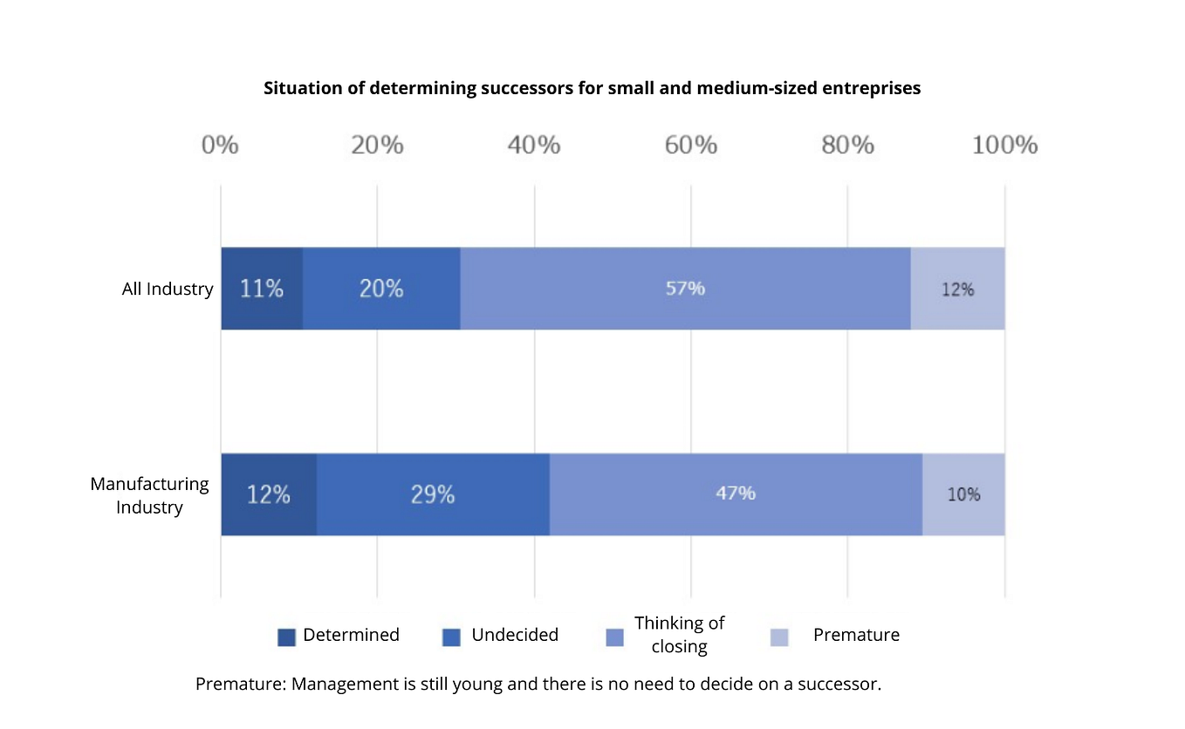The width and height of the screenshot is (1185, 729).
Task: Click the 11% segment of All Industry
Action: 262,289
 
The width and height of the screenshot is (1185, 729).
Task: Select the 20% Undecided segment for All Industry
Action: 381,289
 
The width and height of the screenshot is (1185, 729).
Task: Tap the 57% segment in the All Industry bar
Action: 686,289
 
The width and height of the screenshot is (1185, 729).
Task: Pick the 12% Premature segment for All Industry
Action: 958,289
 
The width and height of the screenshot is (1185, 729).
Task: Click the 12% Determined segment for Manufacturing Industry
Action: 269,494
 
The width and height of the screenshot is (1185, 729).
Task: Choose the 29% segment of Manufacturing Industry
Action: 434,494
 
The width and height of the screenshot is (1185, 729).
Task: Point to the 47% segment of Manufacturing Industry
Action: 736,494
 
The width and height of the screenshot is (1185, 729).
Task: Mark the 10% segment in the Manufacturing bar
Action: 964,494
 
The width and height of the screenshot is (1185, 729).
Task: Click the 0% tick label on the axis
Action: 220,145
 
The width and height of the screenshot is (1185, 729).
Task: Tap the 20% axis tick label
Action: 377,145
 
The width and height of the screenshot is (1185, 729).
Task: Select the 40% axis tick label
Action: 534,145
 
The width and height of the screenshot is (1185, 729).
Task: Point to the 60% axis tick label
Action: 691,145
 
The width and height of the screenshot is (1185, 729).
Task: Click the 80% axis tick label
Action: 847,145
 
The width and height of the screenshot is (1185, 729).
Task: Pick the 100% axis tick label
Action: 1005,145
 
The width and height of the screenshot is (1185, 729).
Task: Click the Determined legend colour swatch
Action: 287,637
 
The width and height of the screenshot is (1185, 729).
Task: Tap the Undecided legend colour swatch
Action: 451,637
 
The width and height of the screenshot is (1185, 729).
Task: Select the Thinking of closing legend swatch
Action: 614,637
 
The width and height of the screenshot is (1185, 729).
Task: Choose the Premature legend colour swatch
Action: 779,637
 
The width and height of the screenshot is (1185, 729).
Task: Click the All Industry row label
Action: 168,290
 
